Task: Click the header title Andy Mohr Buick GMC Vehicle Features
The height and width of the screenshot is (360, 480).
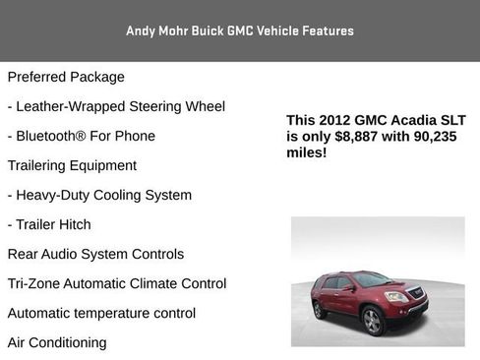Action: point(240,30)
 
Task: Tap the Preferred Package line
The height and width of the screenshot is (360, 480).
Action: point(66,77)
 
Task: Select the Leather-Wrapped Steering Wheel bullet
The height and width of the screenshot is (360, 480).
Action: point(116,106)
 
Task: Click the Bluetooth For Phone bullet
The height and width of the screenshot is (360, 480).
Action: point(81,136)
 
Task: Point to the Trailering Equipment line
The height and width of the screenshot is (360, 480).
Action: point(72,165)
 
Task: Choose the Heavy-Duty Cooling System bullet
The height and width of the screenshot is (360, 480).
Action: point(99,195)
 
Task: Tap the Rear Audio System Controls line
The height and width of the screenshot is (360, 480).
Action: point(95,254)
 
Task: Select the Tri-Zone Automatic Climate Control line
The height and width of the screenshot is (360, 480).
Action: point(117,283)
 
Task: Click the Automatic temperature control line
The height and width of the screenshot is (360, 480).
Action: point(101,313)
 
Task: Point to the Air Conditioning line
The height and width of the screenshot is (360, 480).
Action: point(57,342)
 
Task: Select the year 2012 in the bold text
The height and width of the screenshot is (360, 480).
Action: point(333,120)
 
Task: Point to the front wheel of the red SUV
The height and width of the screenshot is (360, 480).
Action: point(372,321)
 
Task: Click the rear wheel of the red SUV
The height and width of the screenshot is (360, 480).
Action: point(319,310)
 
